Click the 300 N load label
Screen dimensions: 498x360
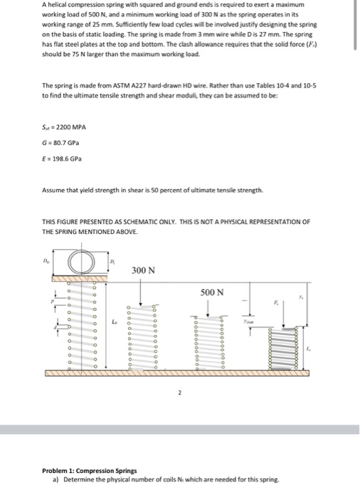(x=144, y=270)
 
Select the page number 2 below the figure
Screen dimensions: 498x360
(x=180, y=392)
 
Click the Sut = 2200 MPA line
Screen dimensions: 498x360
(x=64, y=127)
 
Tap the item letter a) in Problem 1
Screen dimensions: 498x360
(x=56, y=480)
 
